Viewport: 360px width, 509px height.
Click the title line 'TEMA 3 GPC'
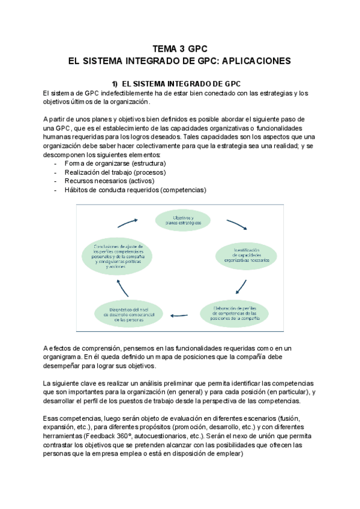click(x=180, y=49)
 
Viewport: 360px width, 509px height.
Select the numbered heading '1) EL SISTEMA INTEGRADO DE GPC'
click(x=181, y=83)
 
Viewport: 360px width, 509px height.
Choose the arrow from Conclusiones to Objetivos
click(x=128, y=223)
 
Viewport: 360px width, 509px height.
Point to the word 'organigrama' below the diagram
click(x=65, y=355)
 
